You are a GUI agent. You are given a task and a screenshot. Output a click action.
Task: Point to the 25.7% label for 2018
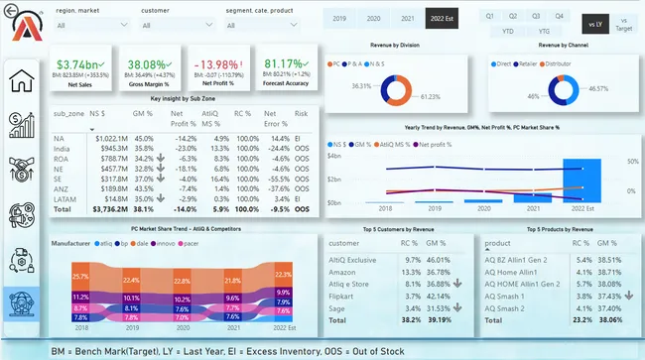[x=80, y=276]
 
